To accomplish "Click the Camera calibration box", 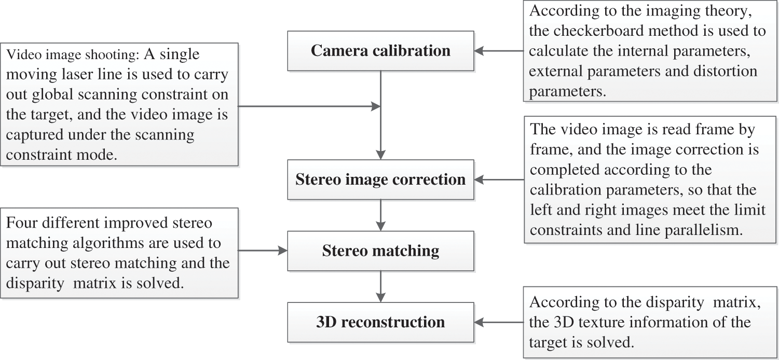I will [380, 51].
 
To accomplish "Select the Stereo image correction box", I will [380, 179].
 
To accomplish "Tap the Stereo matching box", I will [380, 251].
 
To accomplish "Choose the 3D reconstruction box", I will [380, 322].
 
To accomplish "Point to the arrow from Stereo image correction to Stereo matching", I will [381, 215].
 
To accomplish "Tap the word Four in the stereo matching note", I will [21, 223].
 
